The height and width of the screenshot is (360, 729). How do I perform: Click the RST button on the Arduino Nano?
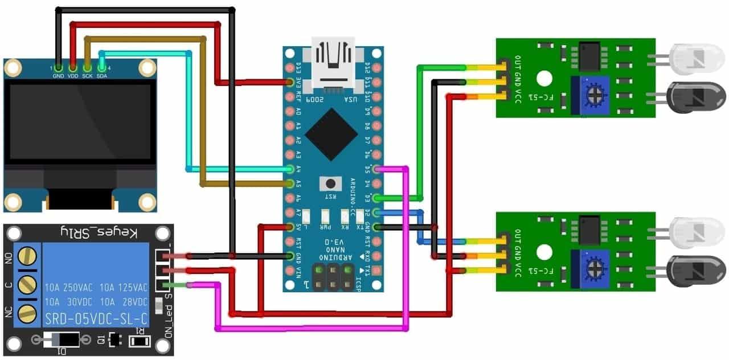click(329, 183)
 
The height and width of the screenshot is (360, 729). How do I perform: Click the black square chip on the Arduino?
click(331, 134)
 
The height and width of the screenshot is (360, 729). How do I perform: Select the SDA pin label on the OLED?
click(103, 76)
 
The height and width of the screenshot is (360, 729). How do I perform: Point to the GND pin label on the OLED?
click(58, 76)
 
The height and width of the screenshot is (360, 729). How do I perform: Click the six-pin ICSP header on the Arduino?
click(331, 277)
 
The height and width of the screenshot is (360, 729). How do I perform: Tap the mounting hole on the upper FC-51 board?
click(546, 78)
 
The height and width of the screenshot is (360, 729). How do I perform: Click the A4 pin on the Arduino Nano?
click(291, 169)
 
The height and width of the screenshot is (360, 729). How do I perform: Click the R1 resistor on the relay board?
click(139, 341)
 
